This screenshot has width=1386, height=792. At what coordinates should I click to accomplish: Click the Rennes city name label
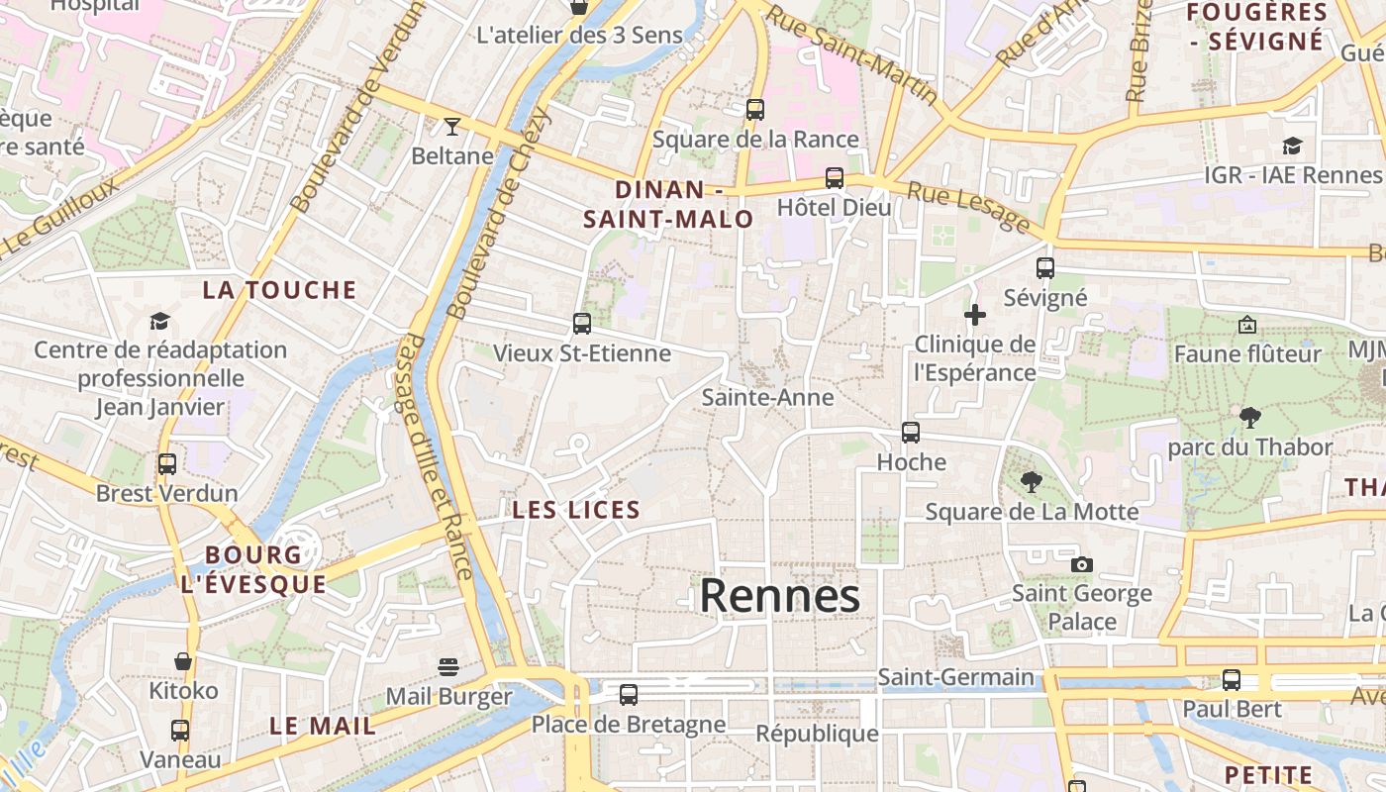pos(779,596)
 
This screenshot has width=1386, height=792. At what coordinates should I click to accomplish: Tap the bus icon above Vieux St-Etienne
pos(582,324)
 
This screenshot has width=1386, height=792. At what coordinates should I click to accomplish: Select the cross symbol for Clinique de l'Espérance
pos(975,316)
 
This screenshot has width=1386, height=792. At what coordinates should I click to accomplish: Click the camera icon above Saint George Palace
pos(1082,564)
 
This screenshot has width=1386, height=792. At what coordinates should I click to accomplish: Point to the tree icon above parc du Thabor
pos(1250,418)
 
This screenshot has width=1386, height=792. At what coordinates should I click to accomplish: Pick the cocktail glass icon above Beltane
pos(452,127)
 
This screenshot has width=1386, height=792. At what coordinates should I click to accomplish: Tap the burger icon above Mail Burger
pos(448,666)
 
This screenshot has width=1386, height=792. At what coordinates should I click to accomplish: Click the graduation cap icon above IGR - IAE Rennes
pos(1292,147)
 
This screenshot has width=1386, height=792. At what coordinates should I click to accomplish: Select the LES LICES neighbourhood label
pos(576,511)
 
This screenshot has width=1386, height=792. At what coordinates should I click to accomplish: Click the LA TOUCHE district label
pos(279,290)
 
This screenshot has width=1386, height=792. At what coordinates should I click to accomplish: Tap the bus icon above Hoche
pos(911,433)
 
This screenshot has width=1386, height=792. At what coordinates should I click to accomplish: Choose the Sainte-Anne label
pos(767,397)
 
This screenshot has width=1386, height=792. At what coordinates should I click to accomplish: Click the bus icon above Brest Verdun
pos(167,463)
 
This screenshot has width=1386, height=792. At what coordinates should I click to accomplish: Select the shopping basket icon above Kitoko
pos(183,660)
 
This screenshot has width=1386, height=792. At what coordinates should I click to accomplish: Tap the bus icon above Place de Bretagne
pos(629,695)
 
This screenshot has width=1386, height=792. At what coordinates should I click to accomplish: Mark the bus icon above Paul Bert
pos(1232,680)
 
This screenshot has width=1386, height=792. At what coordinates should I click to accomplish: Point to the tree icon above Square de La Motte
pos(1032,482)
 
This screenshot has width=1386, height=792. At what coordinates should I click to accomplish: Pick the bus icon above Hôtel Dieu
pos(835,178)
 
